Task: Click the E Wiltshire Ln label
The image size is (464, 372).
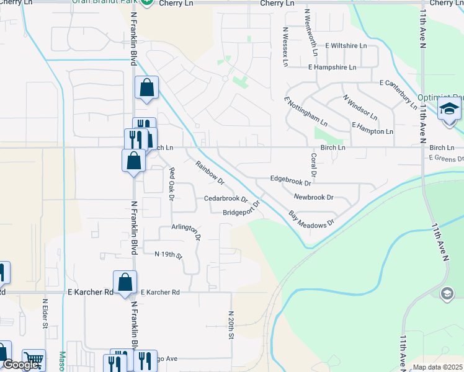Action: (x=342, y=46)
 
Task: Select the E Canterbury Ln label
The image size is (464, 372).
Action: (x=398, y=91)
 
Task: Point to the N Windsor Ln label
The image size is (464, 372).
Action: (x=360, y=107)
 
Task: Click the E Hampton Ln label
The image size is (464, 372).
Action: (x=372, y=131)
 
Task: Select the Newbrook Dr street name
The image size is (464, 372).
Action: (x=314, y=197)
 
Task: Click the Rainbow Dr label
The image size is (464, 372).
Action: (x=210, y=173)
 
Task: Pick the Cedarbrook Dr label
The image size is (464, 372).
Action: (x=226, y=199)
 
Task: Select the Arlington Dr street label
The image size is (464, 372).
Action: (x=187, y=232)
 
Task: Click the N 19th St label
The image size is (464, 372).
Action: (x=169, y=255)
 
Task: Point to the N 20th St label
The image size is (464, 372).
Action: (x=231, y=325)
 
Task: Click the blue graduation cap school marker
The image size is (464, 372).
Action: (x=447, y=110)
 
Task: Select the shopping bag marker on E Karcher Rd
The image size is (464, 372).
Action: (x=125, y=282)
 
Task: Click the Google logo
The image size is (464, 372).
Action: (x=20, y=365)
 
